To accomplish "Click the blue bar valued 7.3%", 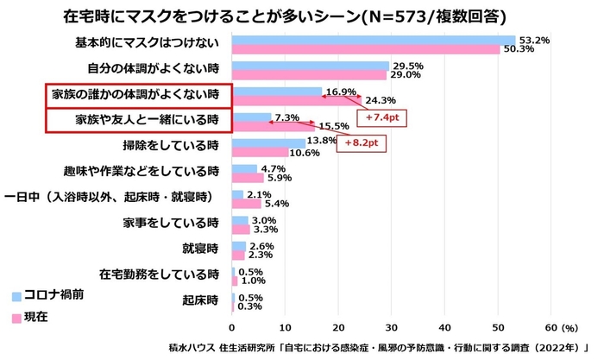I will click(x=251, y=117).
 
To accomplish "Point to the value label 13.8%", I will click(x=322, y=140).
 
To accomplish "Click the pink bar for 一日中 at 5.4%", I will click(x=246, y=204).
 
